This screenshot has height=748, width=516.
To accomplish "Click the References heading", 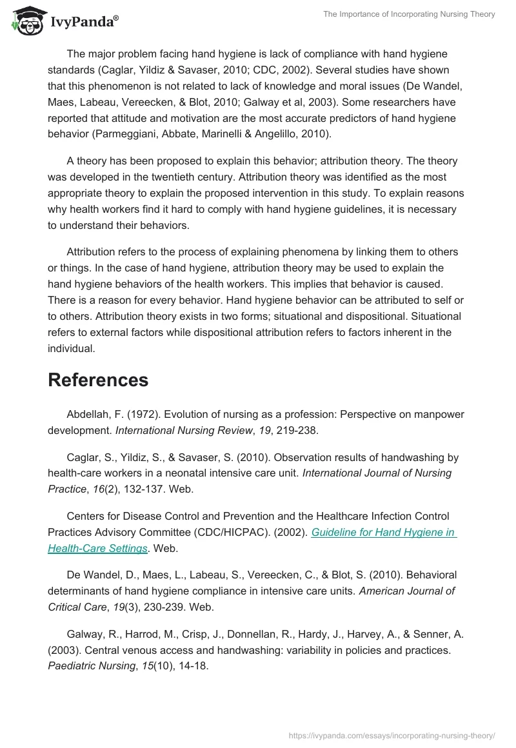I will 98,380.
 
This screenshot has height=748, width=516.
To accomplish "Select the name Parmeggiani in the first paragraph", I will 128,134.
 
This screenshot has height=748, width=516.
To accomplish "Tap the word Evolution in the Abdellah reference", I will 188,415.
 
